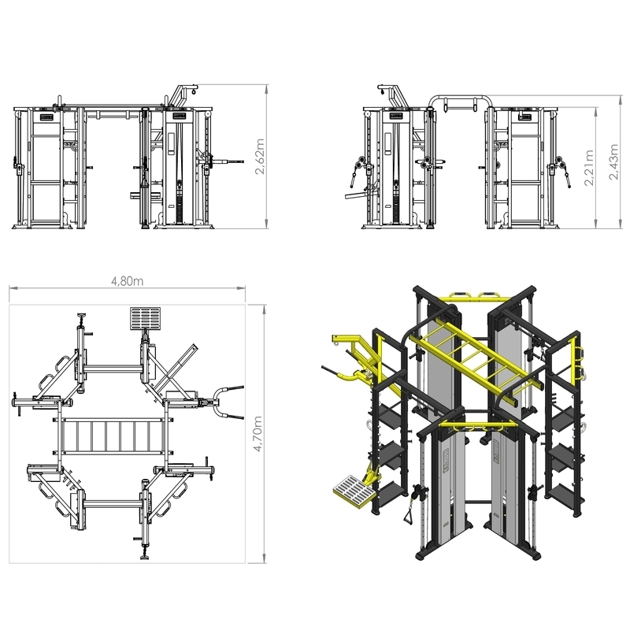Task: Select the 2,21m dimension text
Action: [x=589, y=169]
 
